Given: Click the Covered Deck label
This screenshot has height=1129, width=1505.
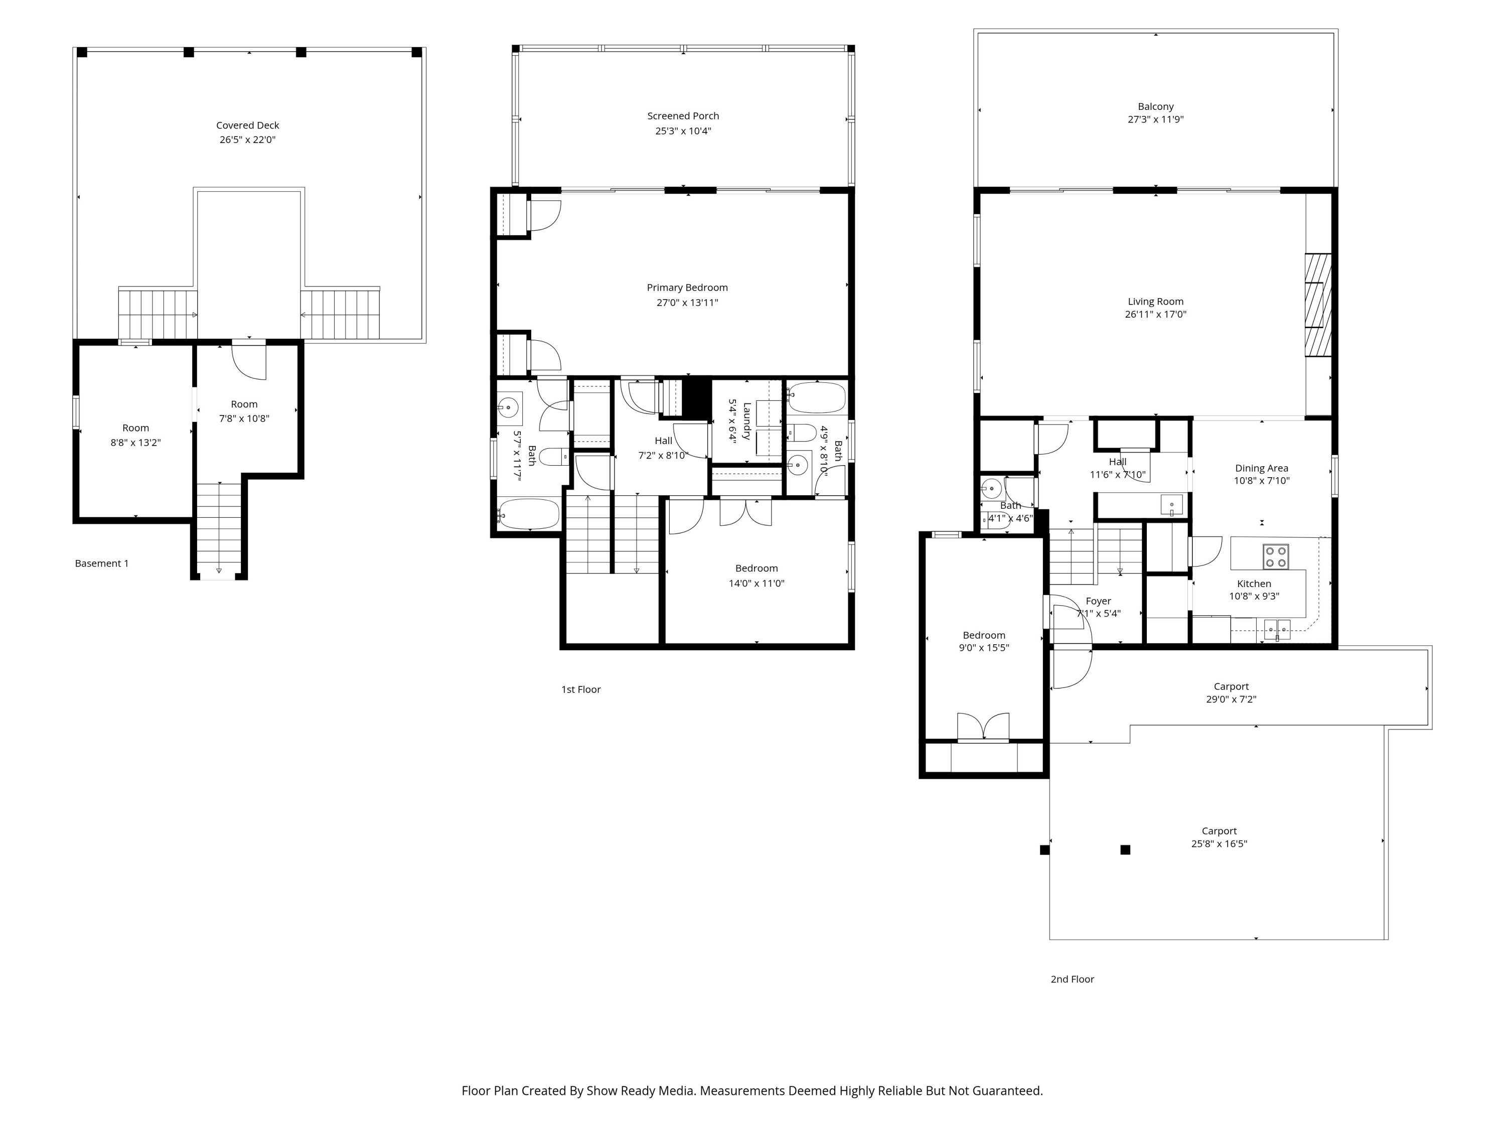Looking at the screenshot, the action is (248, 125).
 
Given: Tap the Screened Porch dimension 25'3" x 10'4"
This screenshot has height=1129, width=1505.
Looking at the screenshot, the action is (683, 130).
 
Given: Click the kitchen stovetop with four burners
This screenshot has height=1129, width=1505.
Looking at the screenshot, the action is (1276, 556).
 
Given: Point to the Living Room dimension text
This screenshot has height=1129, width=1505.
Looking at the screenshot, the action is (1155, 315).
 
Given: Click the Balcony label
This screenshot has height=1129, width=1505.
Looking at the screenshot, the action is (1155, 107).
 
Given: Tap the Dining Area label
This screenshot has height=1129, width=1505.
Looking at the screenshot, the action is (1261, 468).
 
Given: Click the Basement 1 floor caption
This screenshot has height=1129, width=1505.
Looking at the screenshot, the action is (101, 563).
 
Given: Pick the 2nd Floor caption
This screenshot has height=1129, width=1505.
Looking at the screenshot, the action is (1072, 979).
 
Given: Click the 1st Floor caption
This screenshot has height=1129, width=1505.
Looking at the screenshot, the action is (581, 689).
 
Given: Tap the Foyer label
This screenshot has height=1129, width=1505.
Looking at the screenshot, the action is (1098, 601).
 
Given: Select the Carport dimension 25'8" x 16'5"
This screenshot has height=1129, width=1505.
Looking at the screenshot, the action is (1219, 844).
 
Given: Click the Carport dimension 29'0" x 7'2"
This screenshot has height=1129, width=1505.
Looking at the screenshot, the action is (1232, 699).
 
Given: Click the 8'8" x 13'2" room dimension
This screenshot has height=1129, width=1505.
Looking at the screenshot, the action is (135, 443).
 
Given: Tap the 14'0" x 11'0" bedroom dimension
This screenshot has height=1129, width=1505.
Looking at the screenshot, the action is (757, 583).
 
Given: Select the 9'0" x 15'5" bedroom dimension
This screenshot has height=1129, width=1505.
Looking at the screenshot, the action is (984, 648).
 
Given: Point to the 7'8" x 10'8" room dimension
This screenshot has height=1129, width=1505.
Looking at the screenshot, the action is (244, 418).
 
